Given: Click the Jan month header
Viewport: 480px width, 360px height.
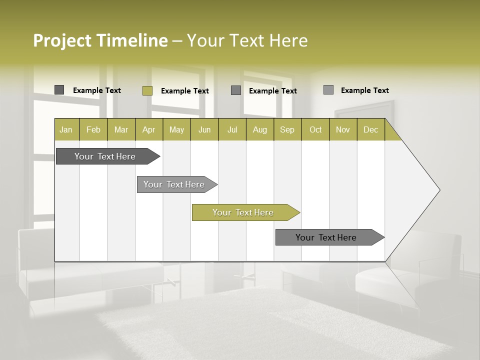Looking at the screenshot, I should click(x=66, y=130).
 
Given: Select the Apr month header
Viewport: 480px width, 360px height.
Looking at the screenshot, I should click(x=148, y=130).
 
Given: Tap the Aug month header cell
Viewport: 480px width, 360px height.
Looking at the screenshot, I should click(x=259, y=130).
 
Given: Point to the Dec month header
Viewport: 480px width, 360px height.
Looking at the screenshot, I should click(x=370, y=130).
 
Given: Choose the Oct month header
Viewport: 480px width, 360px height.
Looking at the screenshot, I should click(x=315, y=130).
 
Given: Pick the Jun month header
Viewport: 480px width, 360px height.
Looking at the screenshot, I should click(x=204, y=130).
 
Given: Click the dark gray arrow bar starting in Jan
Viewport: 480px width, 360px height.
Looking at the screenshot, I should click(x=105, y=156).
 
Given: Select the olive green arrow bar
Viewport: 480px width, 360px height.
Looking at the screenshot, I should click(x=243, y=212).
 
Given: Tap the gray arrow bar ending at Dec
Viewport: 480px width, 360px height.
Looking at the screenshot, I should click(x=326, y=237).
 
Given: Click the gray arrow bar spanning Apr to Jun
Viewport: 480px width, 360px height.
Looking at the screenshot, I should click(x=174, y=184).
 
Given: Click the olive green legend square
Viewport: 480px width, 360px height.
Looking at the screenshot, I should click(x=147, y=90).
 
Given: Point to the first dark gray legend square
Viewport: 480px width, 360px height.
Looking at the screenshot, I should click(x=59, y=90).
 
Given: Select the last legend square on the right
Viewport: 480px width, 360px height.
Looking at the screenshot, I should click(x=328, y=90).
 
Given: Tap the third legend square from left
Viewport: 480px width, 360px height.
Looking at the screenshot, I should click(x=236, y=90).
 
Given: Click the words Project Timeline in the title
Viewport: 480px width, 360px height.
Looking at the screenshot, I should click(x=100, y=40).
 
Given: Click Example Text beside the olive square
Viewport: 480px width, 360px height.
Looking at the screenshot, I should click(x=184, y=91).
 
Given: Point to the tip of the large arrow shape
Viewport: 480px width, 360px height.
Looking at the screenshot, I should click(x=438, y=190).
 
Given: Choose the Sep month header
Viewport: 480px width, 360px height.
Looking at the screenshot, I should click(x=287, y=130).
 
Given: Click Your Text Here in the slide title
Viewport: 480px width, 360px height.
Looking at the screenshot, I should click(x=247, y=40).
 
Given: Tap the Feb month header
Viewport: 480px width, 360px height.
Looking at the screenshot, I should click(x=93, y=130).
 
